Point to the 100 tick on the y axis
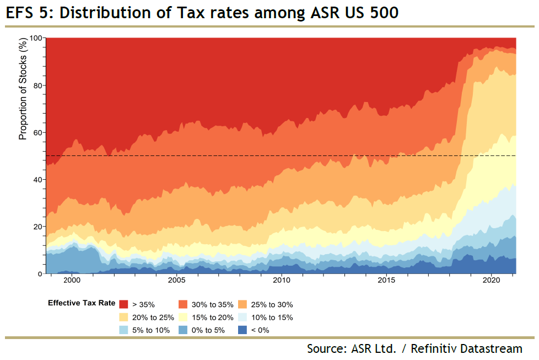click(x=35, y=38)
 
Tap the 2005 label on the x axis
click(x=176, y=281)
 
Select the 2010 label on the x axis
click(x=281, y=281)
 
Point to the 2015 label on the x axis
click(x=386, y=281)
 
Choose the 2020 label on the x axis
click(x=491, y=281)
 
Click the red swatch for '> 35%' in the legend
click(x=124, y=304)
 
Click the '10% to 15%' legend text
click(x=272, y=317)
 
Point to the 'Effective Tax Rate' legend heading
click(x=82, y=303)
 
